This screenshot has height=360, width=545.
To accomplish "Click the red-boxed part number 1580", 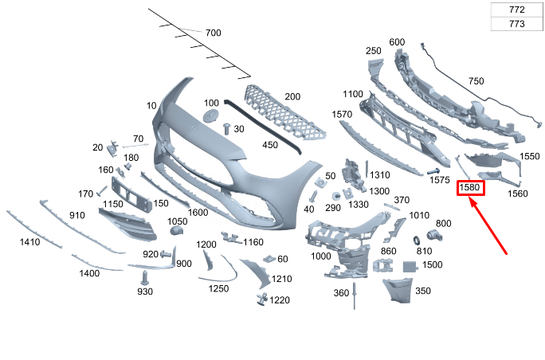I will (470, 188).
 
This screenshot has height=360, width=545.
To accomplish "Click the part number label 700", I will (213, 33).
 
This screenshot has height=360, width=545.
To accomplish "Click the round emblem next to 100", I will (211, 116).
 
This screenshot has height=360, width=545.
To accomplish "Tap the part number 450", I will (270, 146).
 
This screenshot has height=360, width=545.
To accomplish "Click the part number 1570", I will (342, 115).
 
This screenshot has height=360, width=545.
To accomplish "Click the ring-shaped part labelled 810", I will (416, 240).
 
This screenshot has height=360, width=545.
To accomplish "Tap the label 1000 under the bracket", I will (321, 256).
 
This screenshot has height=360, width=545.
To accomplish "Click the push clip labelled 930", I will (145, 277).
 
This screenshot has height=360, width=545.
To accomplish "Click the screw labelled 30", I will (226, 127).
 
